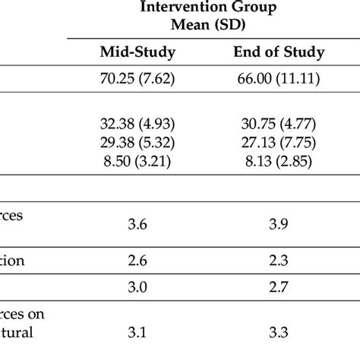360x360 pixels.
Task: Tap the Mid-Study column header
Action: [138, 52]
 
